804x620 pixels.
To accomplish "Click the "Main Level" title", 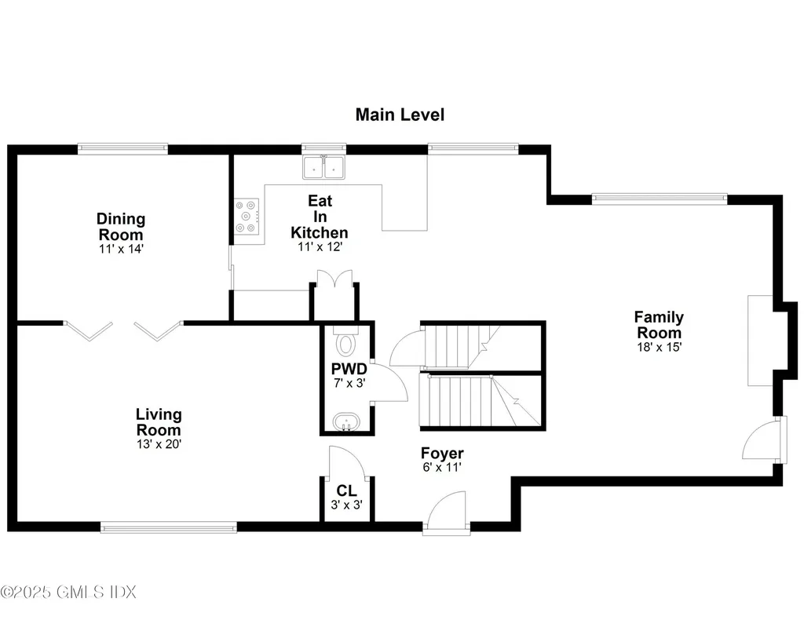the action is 400,115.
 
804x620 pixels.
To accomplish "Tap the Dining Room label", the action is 121,227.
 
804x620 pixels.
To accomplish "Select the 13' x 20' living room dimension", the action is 159,443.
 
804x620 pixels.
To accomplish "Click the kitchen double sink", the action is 323,167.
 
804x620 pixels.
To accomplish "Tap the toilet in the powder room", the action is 346,341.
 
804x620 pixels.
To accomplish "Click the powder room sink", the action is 346,423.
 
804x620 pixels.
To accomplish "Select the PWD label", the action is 349,369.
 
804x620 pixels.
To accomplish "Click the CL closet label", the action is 346,491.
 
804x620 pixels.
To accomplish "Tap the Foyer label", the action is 442,453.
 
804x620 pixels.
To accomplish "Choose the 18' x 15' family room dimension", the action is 659,347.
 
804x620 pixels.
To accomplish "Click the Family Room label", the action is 659,324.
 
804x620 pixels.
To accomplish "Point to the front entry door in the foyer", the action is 447,513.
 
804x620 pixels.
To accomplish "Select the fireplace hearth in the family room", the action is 760,341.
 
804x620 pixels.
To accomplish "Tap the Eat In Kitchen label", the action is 320,217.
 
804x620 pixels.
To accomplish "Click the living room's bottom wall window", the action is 169,527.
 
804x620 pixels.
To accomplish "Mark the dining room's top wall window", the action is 123,148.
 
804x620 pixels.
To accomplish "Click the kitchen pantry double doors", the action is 334,279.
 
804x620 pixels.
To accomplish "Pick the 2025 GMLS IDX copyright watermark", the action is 68,592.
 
